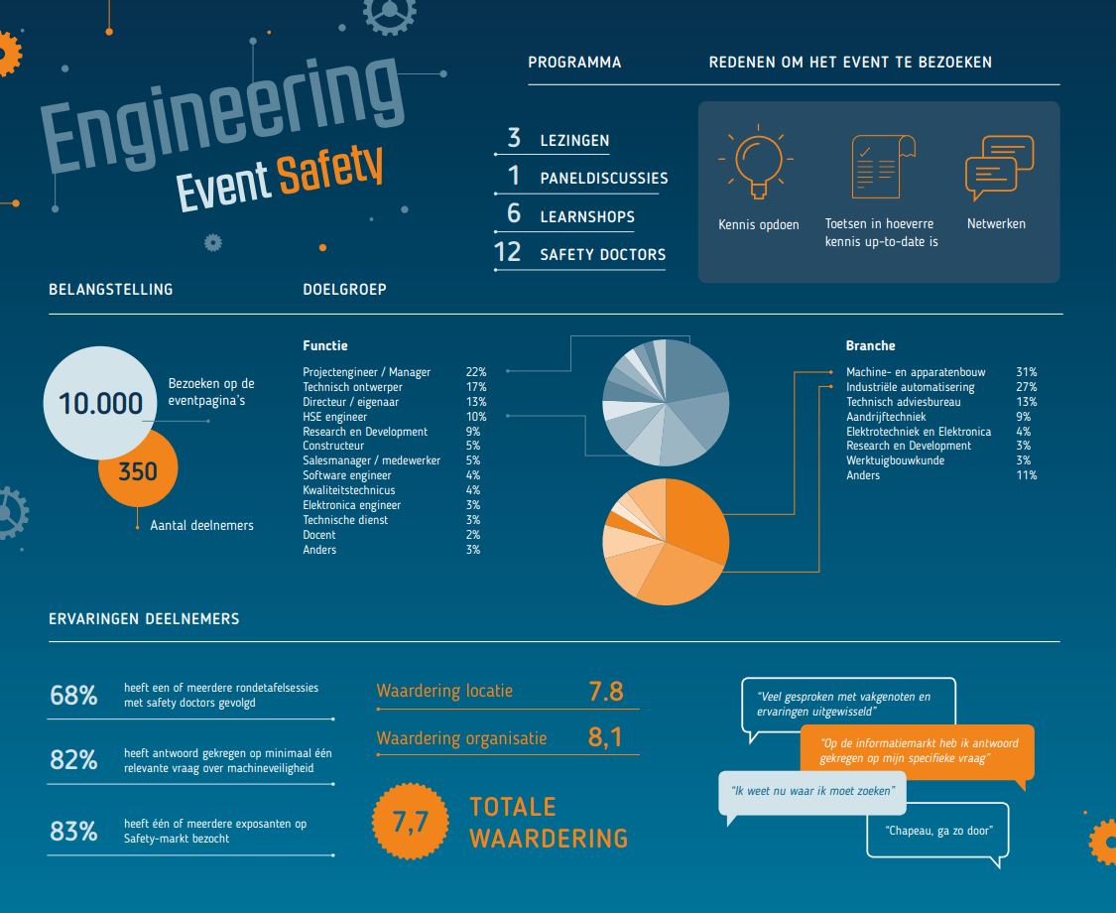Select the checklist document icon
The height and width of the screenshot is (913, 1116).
click(x=881, y=166)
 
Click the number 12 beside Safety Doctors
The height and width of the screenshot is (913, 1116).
click(x=507, y=253)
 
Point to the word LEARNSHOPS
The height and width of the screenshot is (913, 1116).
click(x=587, y=216)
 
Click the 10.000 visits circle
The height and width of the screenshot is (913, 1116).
click(x=100, y=403)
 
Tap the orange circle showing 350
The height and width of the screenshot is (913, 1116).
click(x=138, y=471)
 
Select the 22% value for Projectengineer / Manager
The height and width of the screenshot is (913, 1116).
click(x=475, y=372)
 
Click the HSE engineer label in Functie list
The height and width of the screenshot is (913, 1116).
click(x=334, y=417)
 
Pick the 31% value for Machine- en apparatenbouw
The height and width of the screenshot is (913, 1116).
click(x=1026, y=372)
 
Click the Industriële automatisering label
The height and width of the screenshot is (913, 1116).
click(x=910, y=387)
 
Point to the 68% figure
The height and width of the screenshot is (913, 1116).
click(x=73, y=696)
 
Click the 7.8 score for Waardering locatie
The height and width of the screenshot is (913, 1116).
click(x=605, y=692)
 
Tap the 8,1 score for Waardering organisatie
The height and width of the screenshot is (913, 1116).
click(x=605, y=739)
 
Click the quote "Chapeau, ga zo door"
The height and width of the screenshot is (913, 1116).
click(x=937, y=831)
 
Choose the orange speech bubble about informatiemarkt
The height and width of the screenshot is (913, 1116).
click(x=916, y=751)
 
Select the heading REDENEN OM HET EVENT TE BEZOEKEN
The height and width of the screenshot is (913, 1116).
click(x=850, y=63)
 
